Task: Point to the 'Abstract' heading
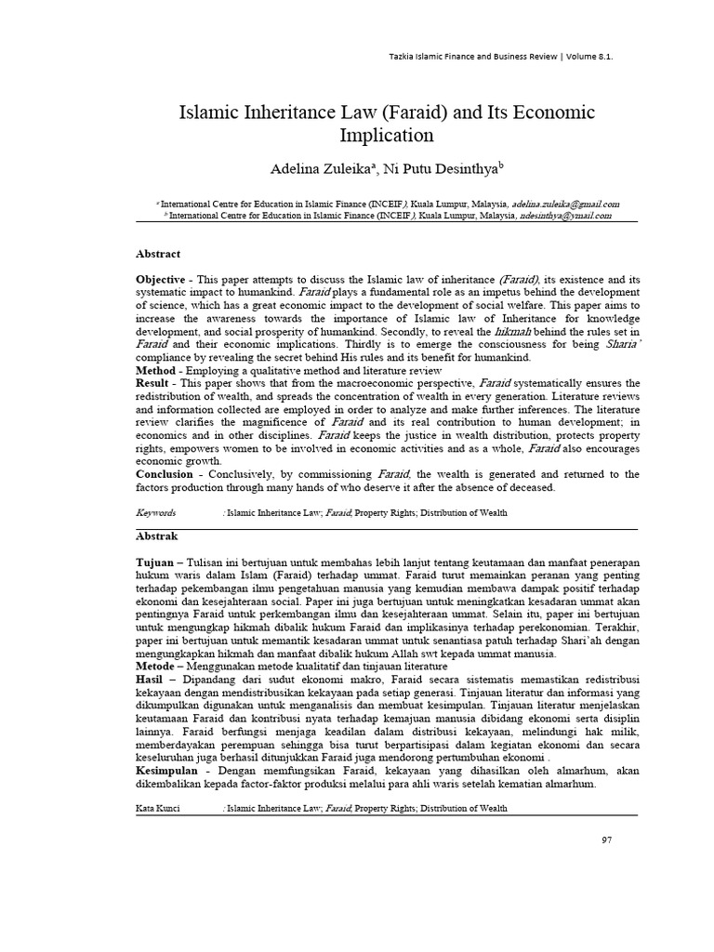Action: pyautogui.click(x=158, y=254)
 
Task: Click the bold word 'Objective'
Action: pyautogui.click(x=160, y=280)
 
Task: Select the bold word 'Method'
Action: pyautogui.click(x=156, y=370)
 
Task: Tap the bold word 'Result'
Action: pyautogui.click(x=154, y=383)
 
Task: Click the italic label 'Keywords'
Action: pyautogui.click(x=155, y=513)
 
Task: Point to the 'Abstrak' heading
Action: pyautogui.click(x=157, y=536)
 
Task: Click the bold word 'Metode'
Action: pyautogui.click(x=156, y=667)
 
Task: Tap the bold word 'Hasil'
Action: pyautogui.click(x=152, y=680)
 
